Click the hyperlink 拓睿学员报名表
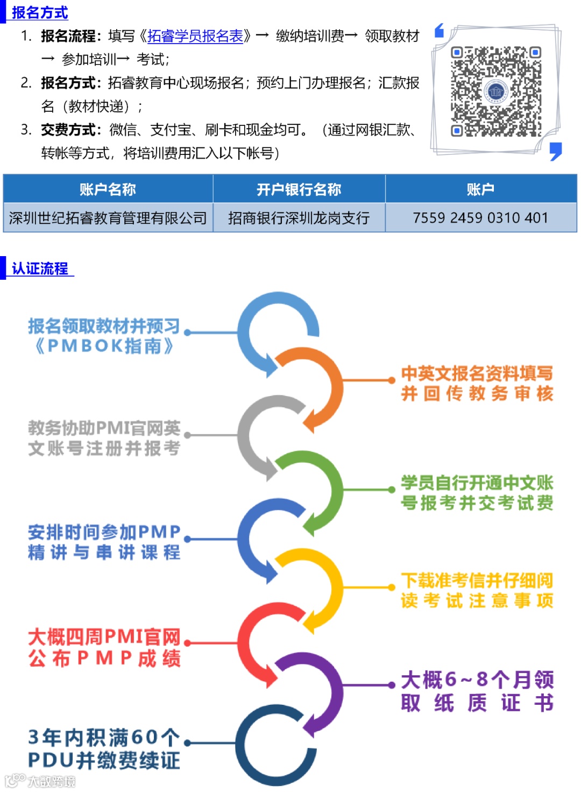[x=195, y=36]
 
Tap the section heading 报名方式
[x=39, y=12]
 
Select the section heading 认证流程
[x=40, y=268]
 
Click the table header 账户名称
[x=108, y=189]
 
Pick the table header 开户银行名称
[x=299, y=189]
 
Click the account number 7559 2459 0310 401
[x=480, y=218]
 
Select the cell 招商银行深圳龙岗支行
[x=299, y=218]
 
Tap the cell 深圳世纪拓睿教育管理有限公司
[x=108, y=218]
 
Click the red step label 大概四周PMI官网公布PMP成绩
[x=104, y=647]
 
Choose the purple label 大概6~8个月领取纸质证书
[x=477, y=691]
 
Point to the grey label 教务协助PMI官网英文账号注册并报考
[x=104, y=438]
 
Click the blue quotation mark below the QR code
[x=556, y=151]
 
